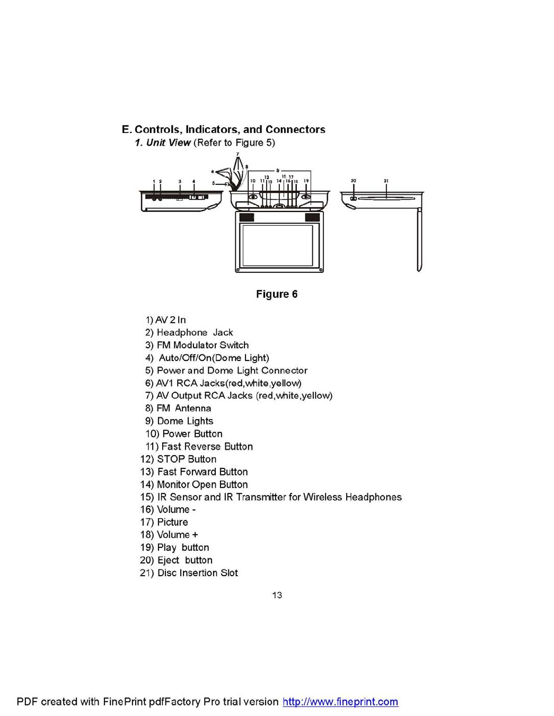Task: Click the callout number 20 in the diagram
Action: point(354,181)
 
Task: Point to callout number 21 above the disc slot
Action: point(386,181)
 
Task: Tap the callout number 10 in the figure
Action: point(253,181)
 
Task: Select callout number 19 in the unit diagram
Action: point(306,181)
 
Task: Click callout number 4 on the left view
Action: point(194,182)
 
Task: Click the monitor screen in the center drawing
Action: point(277,245)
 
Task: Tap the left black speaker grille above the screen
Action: point(247,217)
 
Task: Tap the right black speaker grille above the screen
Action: point(312,217)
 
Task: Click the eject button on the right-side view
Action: point(353,199)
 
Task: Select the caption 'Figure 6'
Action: point(277,294)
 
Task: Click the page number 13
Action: point(277,595)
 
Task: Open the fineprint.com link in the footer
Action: point(340,702)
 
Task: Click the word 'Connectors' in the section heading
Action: point(295,129)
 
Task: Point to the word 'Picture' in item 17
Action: point(172,522)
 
